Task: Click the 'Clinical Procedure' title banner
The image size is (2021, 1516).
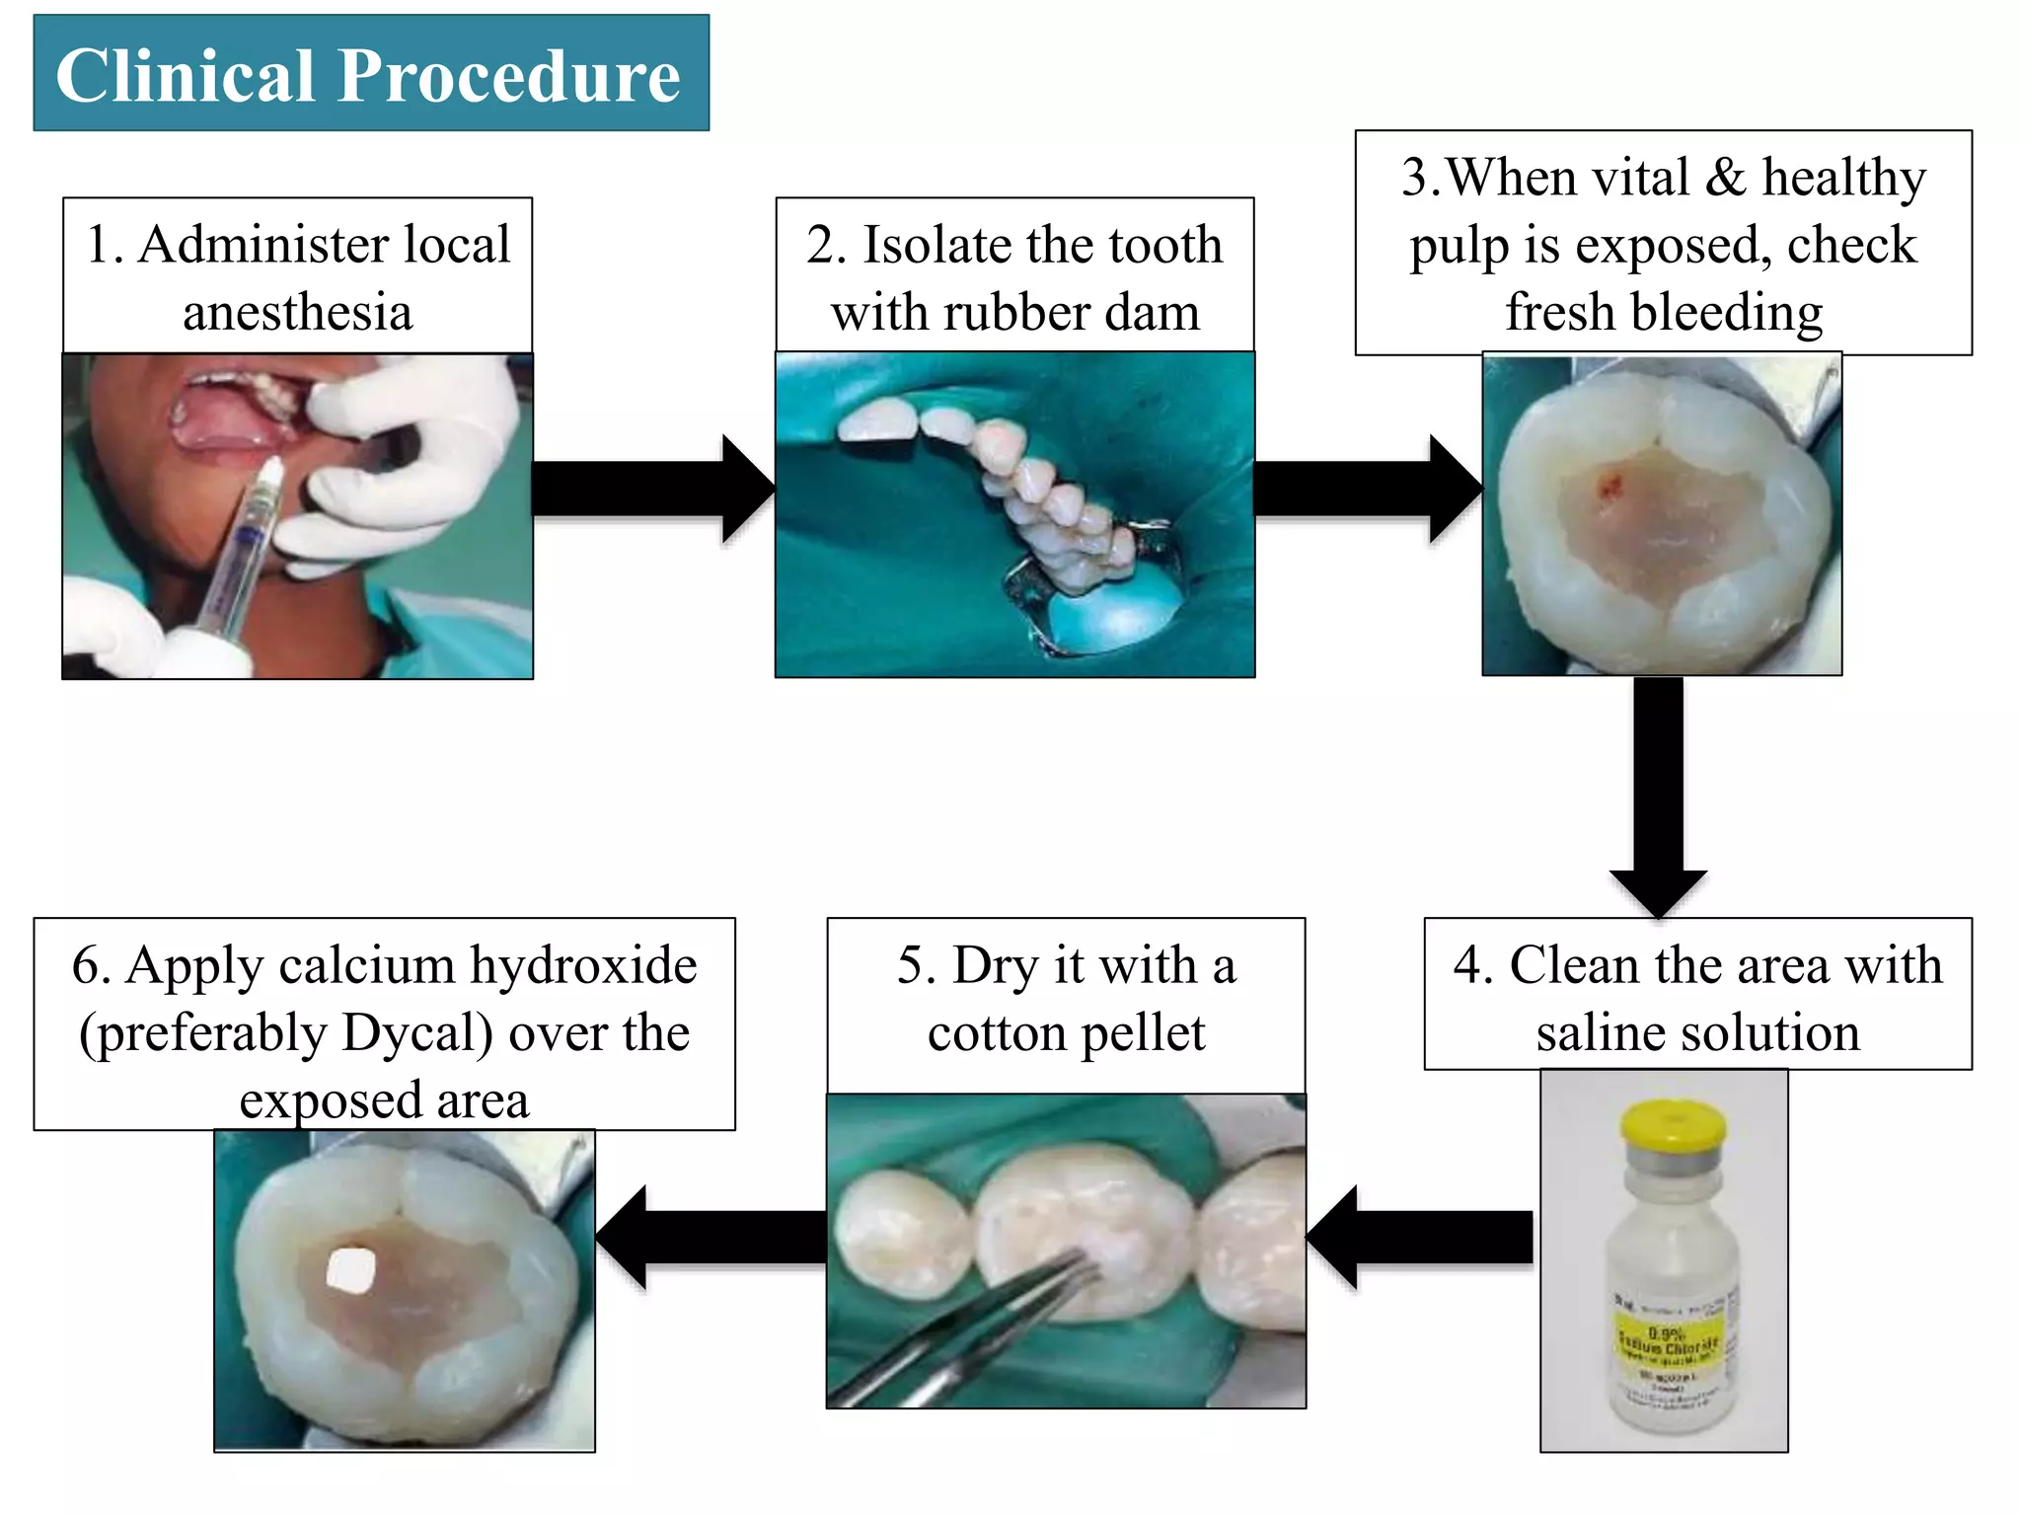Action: [370, 74]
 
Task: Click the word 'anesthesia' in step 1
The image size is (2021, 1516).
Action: [297, 313]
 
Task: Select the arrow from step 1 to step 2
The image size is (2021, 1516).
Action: [651, 489]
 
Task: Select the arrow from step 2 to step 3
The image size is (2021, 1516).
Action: [1367, 489]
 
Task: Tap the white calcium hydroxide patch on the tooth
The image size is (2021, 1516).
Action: [351, 1270]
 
